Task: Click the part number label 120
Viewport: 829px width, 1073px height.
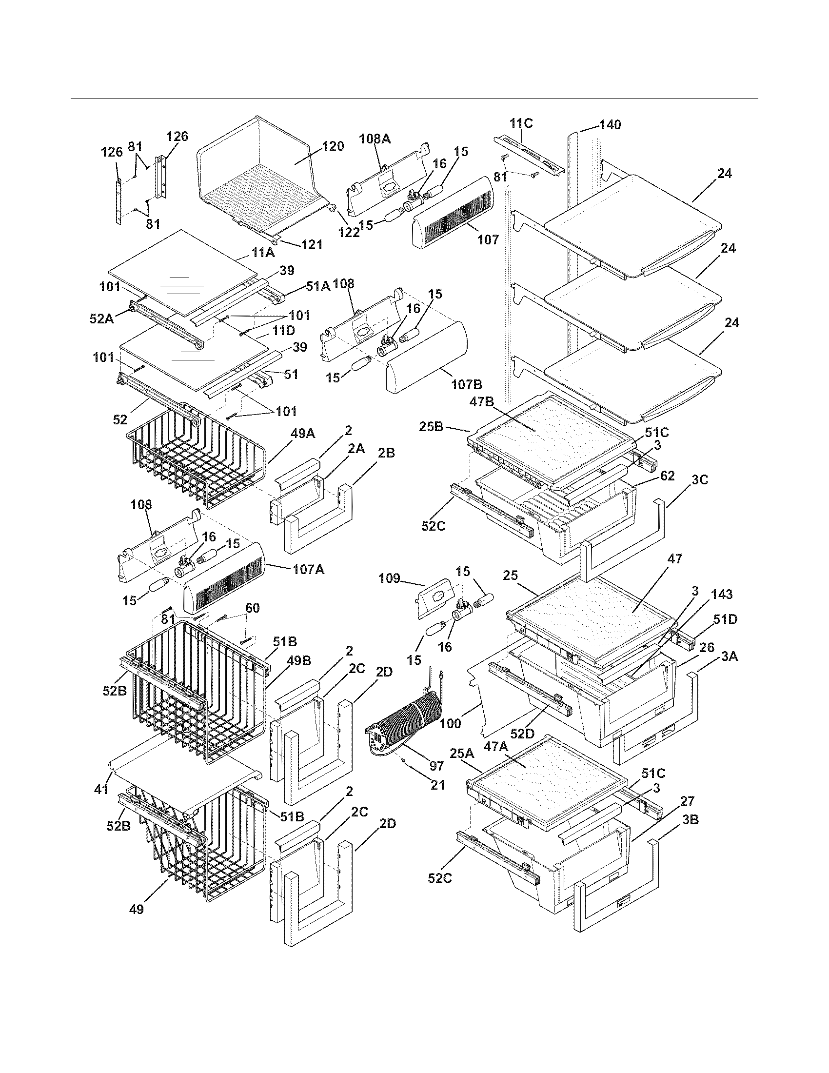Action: point(333,146)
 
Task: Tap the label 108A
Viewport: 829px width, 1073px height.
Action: point(375,139)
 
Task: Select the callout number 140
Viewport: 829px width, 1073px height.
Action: point(610,125)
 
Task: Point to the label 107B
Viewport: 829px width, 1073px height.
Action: point(467,384)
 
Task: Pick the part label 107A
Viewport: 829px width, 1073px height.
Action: point(308,570)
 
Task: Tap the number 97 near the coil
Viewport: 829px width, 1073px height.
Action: point(436,765)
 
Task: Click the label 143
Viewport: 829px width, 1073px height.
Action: point(721,595)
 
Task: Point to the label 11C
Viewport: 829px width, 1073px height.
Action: point(521,123)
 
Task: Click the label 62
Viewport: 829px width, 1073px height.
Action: point(668,476)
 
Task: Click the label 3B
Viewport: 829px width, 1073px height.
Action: point(691,819)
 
